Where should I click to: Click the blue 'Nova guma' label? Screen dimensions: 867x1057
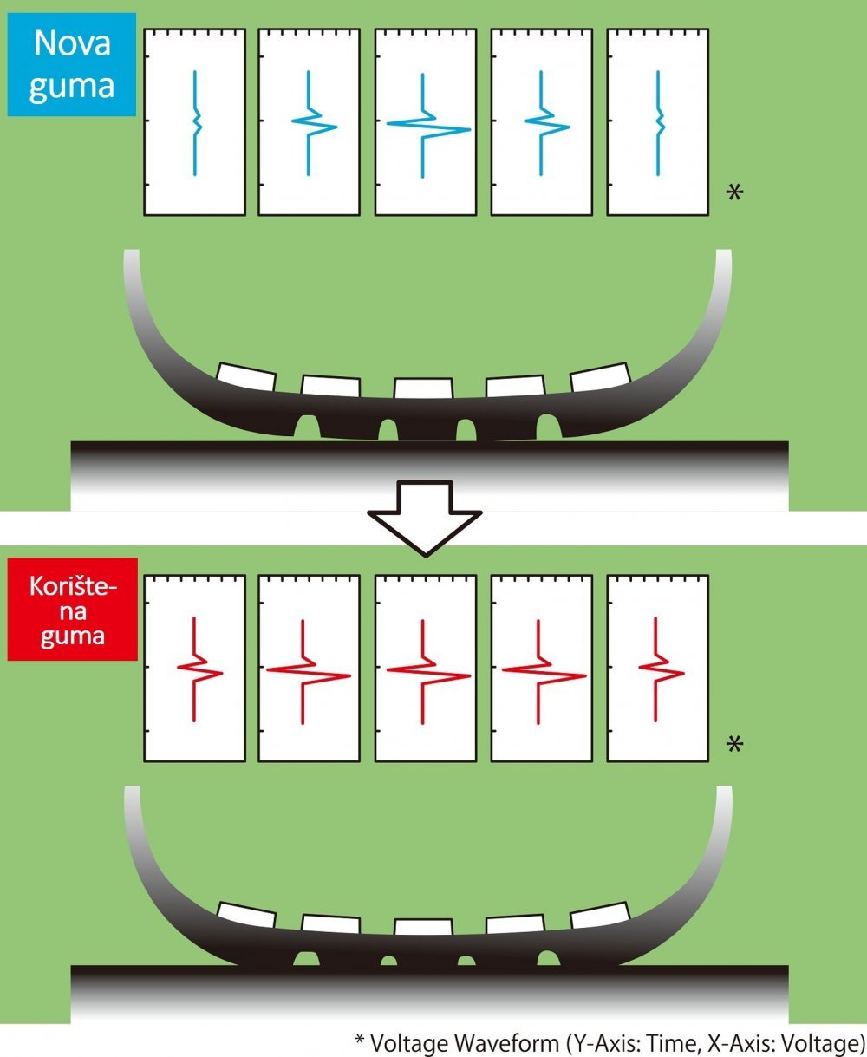coord(72,64)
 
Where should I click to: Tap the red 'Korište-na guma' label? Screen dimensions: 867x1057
coord(73,609)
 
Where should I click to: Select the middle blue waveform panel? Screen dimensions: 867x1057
coord(426,122)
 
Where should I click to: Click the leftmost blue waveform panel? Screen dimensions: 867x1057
coord(194,122)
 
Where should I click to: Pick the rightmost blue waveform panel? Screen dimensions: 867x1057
coord(657,122)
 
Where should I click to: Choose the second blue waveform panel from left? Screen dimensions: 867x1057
coord(310,122)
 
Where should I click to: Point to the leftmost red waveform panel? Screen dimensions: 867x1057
coord(194,668)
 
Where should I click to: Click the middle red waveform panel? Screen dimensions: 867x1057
coord(426,668)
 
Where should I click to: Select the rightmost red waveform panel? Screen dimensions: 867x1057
coord(657,668)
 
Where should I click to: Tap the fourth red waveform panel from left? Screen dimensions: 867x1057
coord(542,668)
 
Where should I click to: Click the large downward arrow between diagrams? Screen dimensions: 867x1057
coord(425,519)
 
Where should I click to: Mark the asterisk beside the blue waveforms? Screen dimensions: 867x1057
coord(734,192)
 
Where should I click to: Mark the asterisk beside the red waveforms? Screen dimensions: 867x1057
coord(734,744)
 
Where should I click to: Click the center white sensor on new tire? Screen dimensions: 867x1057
coord(423,388)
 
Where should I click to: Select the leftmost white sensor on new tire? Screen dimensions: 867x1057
coord(246,377)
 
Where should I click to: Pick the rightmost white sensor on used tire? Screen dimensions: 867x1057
coord(600,915)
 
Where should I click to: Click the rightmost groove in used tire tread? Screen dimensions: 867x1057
coord(549,958)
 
